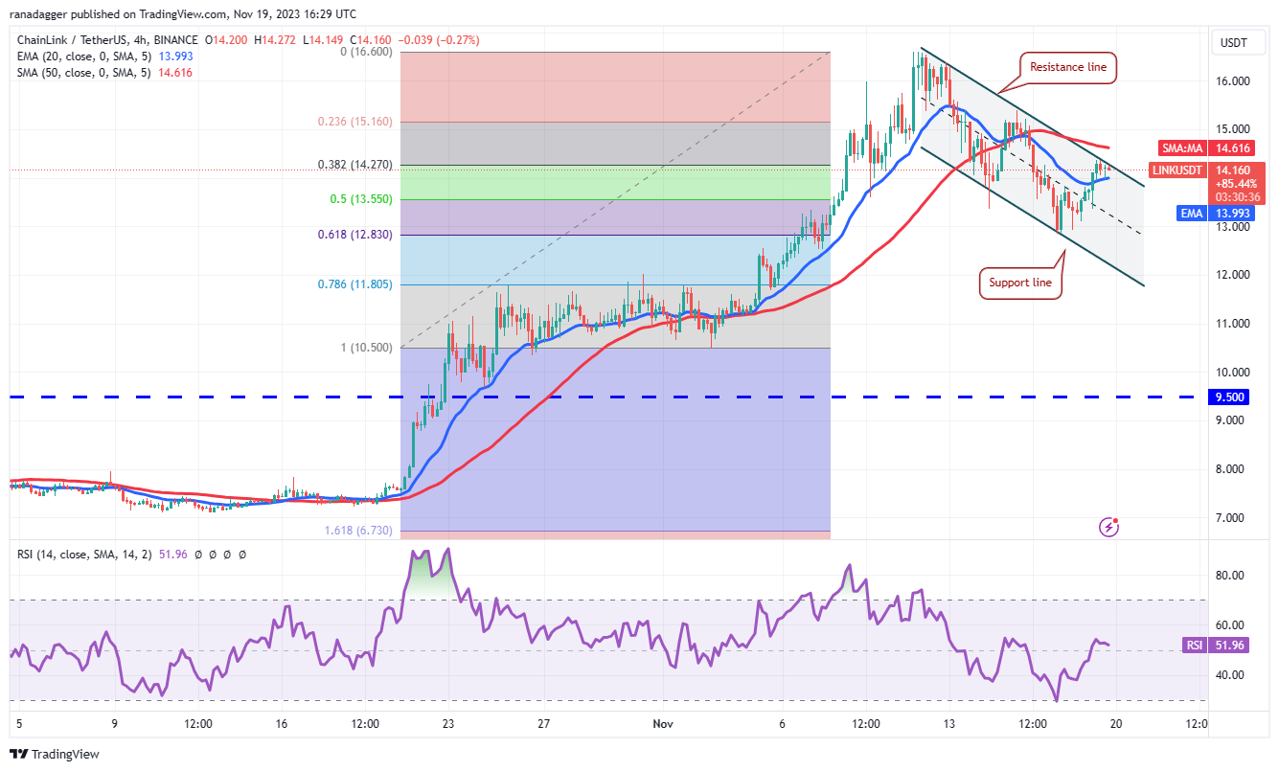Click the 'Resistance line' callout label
point(1067,67)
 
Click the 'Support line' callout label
point(1020,283)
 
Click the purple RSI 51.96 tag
point(1208,646)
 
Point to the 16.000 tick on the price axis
point(1234,81)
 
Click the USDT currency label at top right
point(1232,42)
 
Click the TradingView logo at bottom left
point(56,754)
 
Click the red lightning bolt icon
point(1109,526)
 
